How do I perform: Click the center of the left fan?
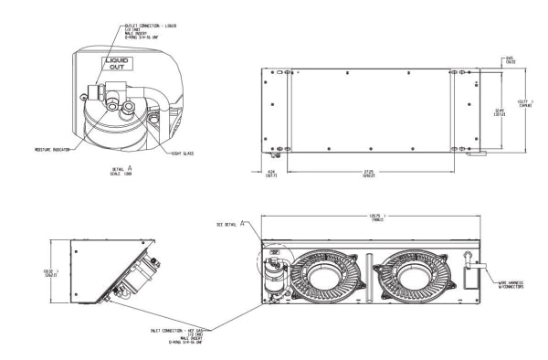[x=320, y=272]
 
